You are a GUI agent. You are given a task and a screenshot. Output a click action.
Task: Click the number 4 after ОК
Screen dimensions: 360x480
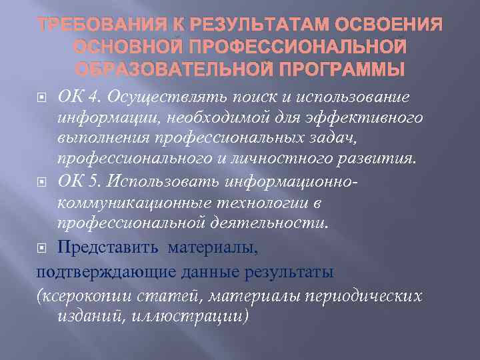click(94, 97)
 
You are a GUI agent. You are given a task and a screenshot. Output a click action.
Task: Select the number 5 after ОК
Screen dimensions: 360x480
click(94, 181)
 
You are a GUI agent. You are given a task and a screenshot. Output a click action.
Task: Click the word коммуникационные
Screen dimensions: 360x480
click(133, 203)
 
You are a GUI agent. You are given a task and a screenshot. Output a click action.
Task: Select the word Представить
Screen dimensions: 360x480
click(107, 249)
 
